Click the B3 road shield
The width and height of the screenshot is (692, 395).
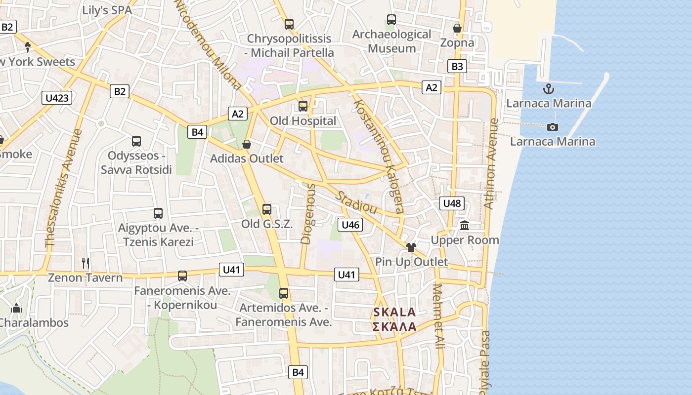coord(457,66)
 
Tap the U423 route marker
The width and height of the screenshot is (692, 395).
coord(57,98)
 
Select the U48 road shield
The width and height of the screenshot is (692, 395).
coord(452,203)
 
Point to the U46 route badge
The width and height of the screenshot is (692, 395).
coord(350,225)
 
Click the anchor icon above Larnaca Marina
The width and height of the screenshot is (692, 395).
coord(548,89)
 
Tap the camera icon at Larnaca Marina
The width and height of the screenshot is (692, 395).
coord(553,127)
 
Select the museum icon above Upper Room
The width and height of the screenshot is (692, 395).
coord(465,226)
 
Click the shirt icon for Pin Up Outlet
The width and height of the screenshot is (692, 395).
coord(411,247)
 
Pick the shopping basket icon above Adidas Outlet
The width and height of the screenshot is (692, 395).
coord(247,144)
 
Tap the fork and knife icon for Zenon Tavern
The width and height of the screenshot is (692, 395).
coord(86,263)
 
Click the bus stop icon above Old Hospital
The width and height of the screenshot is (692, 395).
coord(303,106)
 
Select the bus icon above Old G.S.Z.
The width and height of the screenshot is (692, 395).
coord(267,209)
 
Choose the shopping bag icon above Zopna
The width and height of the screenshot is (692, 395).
coord(457,28)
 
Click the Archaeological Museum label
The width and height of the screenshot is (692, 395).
coord(391,41)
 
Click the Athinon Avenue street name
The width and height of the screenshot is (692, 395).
coord(490,163)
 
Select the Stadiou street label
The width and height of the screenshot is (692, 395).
coord(356,202)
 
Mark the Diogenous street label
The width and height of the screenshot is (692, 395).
coord(307,214)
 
